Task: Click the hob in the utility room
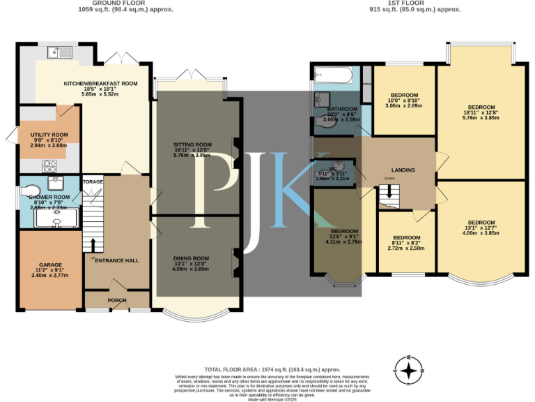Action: pyautogui.click(x=50, y=165)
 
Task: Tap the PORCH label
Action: pyautogui.click(x=116, y=301)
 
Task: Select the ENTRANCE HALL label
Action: pyautogui.click(x=116, y=260)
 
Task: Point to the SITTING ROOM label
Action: pyautogui.click(x=192, y=144)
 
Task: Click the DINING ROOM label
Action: pyautogui.click(x=191, y=258)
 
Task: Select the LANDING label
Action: pyautogui.click(x=403, y=170)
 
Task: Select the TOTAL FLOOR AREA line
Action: pyautogui.click(x=272, y=369)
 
